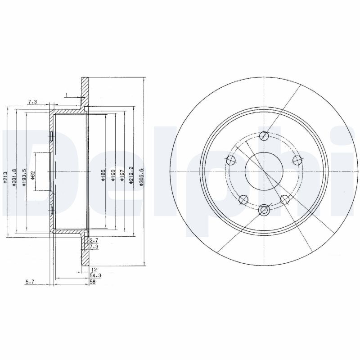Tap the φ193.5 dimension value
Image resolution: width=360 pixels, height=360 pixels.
[25, 175]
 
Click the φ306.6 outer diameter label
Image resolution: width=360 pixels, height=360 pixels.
[141, 175]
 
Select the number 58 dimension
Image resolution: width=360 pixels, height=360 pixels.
[92, 281]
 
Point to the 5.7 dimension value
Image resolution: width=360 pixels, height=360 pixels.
[30, 282]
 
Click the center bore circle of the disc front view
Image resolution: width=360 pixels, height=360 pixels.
[264, 171]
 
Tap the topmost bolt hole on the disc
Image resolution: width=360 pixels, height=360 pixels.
[264, 135]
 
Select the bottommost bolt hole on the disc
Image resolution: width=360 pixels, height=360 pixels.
[264, 208]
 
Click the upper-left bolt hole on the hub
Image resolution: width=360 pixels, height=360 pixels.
[230, 160]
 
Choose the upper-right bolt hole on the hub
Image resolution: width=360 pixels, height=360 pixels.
[297, 160]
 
